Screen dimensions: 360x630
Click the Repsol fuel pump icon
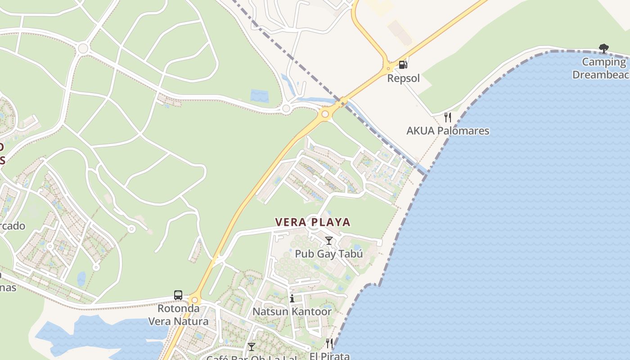coord(403,65)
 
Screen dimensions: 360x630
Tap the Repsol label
coord(403,78)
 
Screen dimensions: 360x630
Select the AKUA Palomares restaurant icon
coord(447,117)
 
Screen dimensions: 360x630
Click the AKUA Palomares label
coord(447,131)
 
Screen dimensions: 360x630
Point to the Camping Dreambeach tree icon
coord(603,48)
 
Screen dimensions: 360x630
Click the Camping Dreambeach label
coord(601,68)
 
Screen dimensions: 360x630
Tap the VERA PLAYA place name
coord(313,222)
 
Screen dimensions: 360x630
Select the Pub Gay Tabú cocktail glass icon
coord(329,241)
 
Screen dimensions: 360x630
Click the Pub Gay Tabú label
coord(328,254)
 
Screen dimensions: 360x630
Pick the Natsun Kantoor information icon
coord(292,298)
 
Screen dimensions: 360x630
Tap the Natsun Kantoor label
coord(292,311)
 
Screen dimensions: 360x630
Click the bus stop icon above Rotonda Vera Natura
coord(178,295)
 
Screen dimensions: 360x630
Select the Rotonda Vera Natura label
coord(179,315)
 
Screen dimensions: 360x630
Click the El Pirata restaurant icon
coord(329,344)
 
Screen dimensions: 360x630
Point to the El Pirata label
coord(329,356)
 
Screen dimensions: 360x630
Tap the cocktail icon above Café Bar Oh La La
coord(252,346)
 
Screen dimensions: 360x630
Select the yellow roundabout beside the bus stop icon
coord(194,300)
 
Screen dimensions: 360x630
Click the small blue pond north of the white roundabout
coord(259,96)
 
